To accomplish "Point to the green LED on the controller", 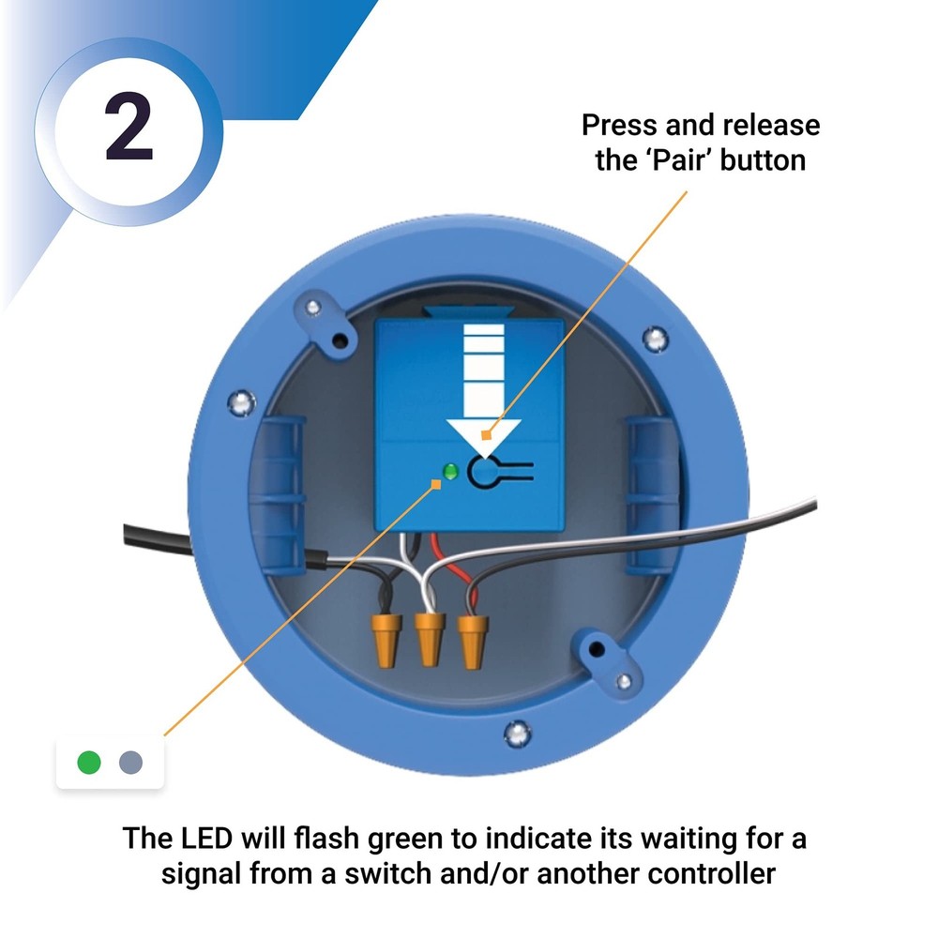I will (450, 471).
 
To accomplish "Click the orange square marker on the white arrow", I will (486, 434).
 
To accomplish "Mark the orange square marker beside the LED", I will (435, 483).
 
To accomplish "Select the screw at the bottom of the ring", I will (514, 732).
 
